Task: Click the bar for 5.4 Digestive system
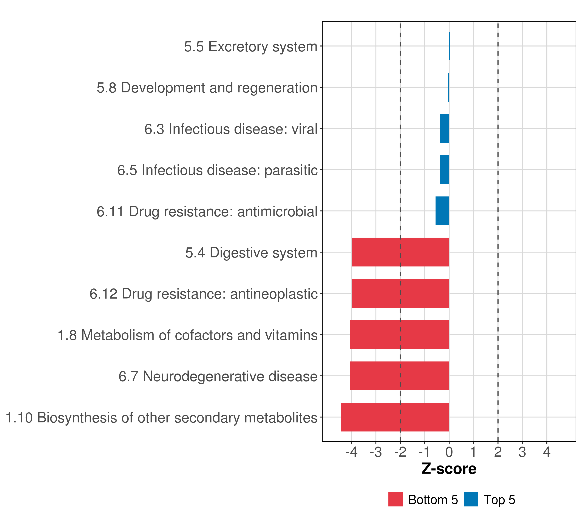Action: [400, 252]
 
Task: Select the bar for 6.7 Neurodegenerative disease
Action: [399, 376]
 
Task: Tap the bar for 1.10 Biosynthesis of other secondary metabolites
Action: [395, 417]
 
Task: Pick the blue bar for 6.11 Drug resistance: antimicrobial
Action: [442, 211]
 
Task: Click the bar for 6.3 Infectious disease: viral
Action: [445, 128]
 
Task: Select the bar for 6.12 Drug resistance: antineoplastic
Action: [400, 293]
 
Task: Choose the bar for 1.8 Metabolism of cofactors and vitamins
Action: [399, 335]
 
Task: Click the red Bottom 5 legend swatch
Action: [395, 499]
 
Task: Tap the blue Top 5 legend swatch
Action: [471, 499]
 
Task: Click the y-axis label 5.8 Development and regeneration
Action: [207, 88]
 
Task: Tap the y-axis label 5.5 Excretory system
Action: [250, 46]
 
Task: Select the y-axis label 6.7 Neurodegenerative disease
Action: [218, 376]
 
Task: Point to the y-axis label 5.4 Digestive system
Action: [251, 253]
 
